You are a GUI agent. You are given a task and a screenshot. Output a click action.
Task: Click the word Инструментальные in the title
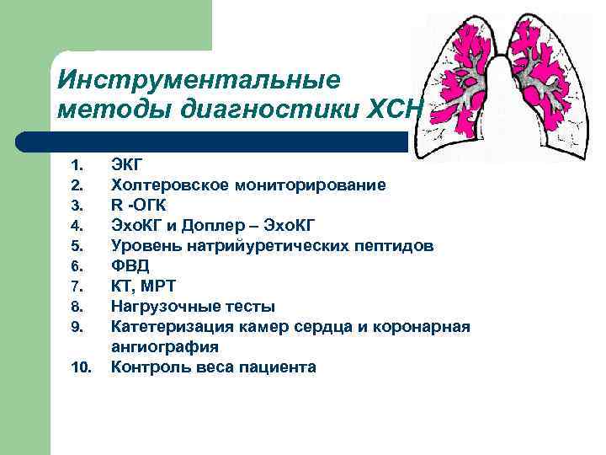pyautogui.click(x=199, y=80)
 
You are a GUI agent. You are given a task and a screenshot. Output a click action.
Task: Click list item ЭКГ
pyautogui.click(x=127, y=164)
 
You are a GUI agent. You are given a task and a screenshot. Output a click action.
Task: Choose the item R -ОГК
pyautogui.click(x=139, y=205)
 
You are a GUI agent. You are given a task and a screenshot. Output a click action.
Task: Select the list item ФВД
pyautogui.click(x=130, y=265)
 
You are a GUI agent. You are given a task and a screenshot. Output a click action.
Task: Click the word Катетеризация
pyautogui.click(x=167, y=326)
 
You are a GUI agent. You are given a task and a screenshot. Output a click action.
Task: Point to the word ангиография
pyautogui.click(x=165, y=346)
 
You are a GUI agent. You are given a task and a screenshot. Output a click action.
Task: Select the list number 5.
pyautogui.click(x=77, y=246)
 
